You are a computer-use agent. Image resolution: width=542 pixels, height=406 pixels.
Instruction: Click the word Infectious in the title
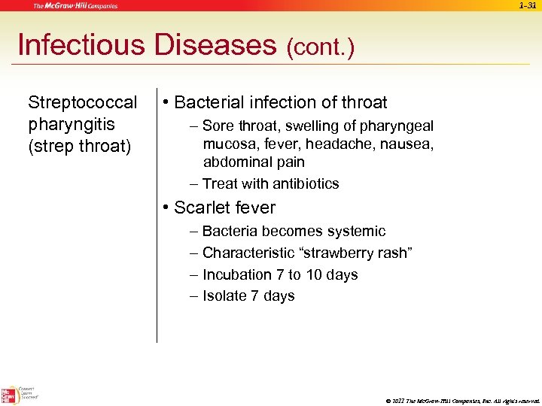point(81,45)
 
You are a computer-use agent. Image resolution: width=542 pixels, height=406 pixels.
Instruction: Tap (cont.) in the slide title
point(320,48)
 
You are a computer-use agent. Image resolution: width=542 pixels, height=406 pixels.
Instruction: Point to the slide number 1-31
point(528,5)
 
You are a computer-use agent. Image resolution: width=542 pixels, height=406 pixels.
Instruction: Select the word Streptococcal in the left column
point(83,102)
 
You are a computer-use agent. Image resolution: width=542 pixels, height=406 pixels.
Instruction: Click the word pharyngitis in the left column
point(72,124)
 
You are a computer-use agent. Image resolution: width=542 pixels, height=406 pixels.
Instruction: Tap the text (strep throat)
point(79,146)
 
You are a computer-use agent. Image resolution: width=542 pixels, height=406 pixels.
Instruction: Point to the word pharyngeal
point(397,126)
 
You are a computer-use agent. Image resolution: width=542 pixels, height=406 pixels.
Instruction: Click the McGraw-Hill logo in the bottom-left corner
point(10,394)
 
